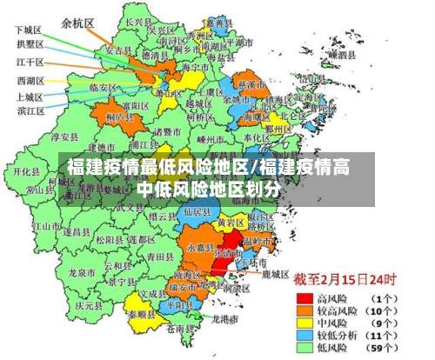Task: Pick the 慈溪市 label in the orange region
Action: click(253, 84)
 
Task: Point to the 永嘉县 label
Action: click(199, 247)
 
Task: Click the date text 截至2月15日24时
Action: click(344, 280)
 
